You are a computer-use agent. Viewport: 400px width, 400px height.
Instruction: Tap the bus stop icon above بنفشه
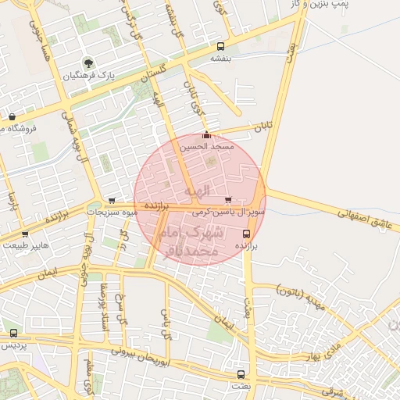[220, 46]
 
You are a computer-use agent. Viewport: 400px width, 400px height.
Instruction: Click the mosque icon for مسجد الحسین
[206, 134]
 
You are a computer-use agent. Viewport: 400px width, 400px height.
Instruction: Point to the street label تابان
[266, 124]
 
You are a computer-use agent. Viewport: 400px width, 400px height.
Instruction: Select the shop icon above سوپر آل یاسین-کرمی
[228, 200]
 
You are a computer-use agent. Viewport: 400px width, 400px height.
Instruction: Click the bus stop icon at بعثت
[241, 374]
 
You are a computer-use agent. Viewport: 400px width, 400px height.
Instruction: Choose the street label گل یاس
[166, 323]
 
